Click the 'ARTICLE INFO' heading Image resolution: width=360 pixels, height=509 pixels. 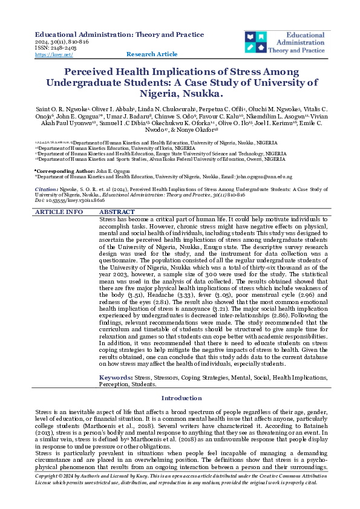coord(59,212)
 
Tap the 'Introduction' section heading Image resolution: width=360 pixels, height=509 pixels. coord(180,398)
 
